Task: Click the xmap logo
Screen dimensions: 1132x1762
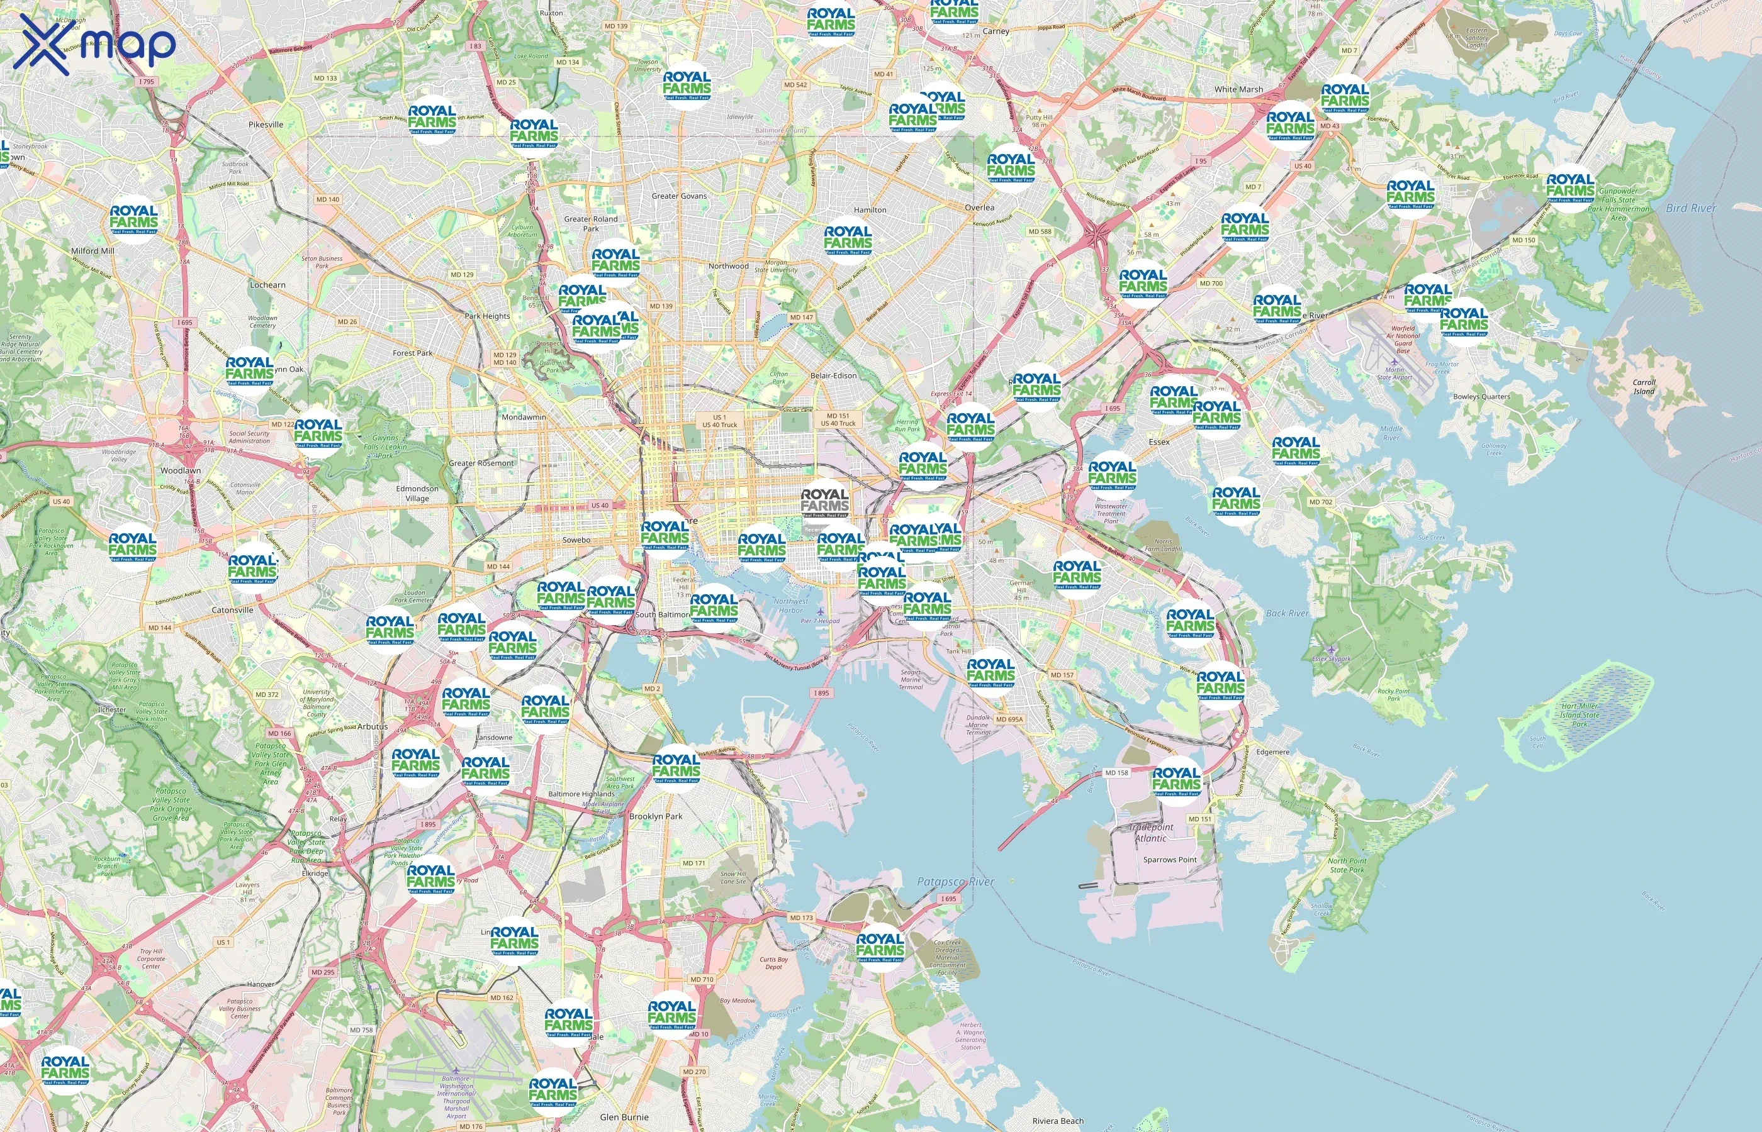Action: [94, 44]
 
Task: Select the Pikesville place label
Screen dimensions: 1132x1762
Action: [266, 125]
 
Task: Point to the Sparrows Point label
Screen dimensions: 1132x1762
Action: [1169, 859]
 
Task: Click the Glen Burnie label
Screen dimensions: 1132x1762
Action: [624, 1116]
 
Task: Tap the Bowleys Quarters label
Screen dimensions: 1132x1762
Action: [1481, 396]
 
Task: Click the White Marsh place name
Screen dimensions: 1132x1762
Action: [1238, 89]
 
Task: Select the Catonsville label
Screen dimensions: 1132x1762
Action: [232, 609]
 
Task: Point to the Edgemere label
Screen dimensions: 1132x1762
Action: [1272, 752]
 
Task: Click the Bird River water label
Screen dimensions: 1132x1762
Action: [1691, 208]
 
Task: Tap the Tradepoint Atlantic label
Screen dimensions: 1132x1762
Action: [1151, 832]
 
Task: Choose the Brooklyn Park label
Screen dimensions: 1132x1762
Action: [655, 816]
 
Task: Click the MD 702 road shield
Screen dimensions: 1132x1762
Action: [1321, 502]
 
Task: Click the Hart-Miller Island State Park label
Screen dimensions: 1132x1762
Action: [1579, 714]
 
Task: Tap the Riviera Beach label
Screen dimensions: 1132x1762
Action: [1057, 1120]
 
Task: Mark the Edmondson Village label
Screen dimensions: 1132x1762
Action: [417, 493]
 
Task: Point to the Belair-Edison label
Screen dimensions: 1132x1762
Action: [833, 375]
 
